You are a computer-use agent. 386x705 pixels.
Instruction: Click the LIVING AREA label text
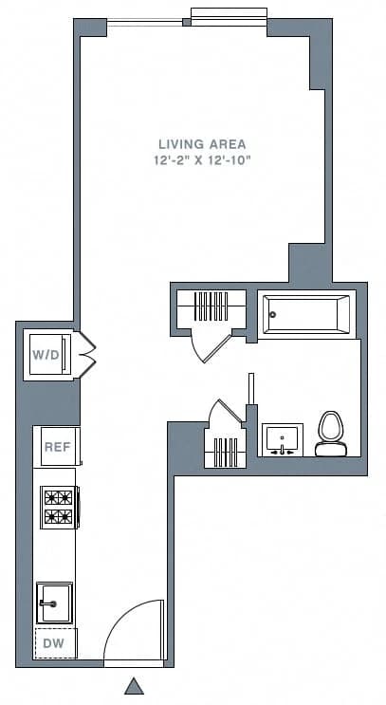click(x=195, y=144)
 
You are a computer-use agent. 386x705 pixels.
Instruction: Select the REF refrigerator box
click(x=56, y=446)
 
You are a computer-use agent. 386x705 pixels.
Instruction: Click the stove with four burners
click(x=58, y=506)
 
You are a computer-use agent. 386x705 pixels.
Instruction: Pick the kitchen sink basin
click(x=54, y=603)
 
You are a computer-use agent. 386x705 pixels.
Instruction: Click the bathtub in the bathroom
click(x=304, y=314)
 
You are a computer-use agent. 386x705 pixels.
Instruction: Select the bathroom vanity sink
click(x=282, y=439)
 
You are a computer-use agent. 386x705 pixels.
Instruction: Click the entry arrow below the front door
click(x=135, y=685)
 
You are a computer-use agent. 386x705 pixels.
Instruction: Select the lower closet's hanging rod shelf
click(x=225, y=450)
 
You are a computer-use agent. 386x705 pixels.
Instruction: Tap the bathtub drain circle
click(x=273, y=314)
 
